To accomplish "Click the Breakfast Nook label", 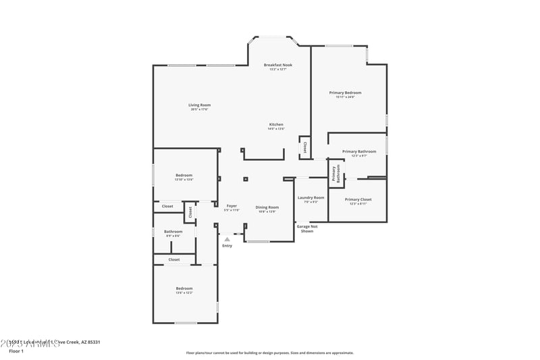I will [x=277, y=65].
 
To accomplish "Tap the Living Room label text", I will [x=199, y=105].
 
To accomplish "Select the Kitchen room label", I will [x=277, y=124].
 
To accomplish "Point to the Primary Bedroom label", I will [x=345, y=93].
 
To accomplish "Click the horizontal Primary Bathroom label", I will [x=358, y=151].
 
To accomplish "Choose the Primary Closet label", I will [x=358, y=199].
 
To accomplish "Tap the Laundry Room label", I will [x=310, y=198].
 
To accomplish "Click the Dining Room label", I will [x=267, y=207].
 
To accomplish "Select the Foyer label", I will [x=232, y=206].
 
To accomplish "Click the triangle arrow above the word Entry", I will [x=227, y=238].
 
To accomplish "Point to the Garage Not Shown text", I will [x=307, y=228].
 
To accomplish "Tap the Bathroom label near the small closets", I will [x=173, y=232].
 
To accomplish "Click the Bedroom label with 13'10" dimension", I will [x=184, y=176].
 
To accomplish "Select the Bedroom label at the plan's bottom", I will [x=184, y=288].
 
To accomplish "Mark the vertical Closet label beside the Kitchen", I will [x=304, y=146].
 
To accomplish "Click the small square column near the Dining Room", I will [x=245, y=180].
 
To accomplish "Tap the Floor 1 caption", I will [x=16, y=351].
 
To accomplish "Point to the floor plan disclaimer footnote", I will [x=269, y=353].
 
